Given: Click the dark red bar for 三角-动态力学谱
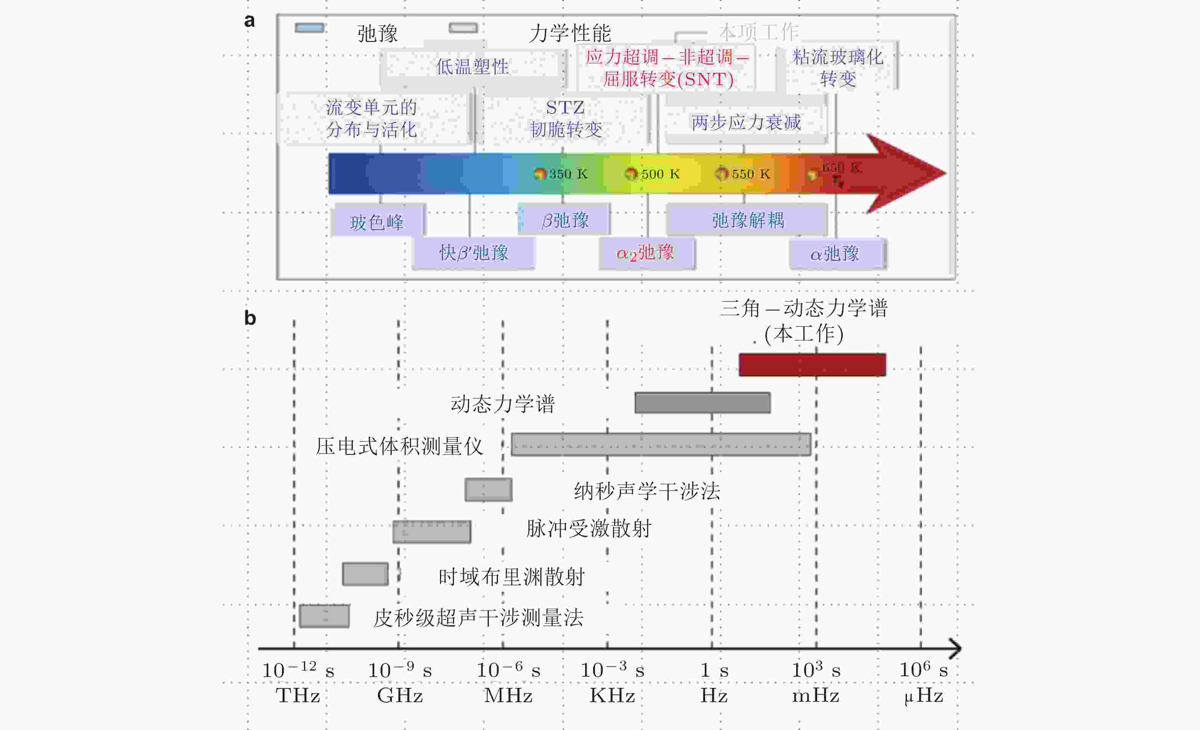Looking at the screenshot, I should tap(812, 365).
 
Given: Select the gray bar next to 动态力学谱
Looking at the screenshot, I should tap(702, 403).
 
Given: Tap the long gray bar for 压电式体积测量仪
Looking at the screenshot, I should tap(661, 444).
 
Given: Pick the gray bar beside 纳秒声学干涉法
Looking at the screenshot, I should tap(488, 490).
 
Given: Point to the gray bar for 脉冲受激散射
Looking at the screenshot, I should tap(432, 532).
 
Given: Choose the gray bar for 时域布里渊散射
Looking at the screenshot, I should tap(365, 574).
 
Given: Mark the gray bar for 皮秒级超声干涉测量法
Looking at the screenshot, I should tap(324, 616).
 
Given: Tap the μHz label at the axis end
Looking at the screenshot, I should tap(923, 696).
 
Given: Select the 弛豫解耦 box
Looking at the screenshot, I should tap(747, 220).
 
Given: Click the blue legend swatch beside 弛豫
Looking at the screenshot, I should tap(309, 28).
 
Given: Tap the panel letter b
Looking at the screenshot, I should tap(250, 318).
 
